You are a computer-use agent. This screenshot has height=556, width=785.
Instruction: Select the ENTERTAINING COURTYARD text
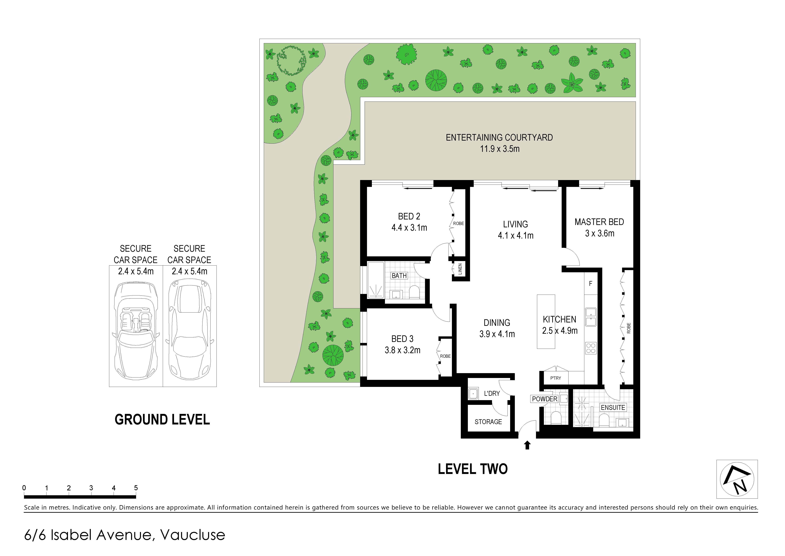[x=499, y=138]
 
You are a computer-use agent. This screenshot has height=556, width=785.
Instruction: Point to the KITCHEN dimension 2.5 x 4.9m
[x=560, y=331]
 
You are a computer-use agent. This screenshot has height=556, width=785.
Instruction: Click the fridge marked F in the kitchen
[x=591, y=284]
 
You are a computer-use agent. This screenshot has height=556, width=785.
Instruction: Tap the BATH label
[x=399, y=276]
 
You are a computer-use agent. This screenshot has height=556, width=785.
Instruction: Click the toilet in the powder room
[x=555, y=417]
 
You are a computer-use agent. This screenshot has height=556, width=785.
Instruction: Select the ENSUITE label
[x=613, y=407]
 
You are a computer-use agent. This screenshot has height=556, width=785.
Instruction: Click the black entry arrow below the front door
[x=527, y=445]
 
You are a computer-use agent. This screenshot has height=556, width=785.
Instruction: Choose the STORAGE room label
[x=488, y=422]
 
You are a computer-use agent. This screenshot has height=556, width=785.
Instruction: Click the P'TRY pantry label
[x=556, y=378]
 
